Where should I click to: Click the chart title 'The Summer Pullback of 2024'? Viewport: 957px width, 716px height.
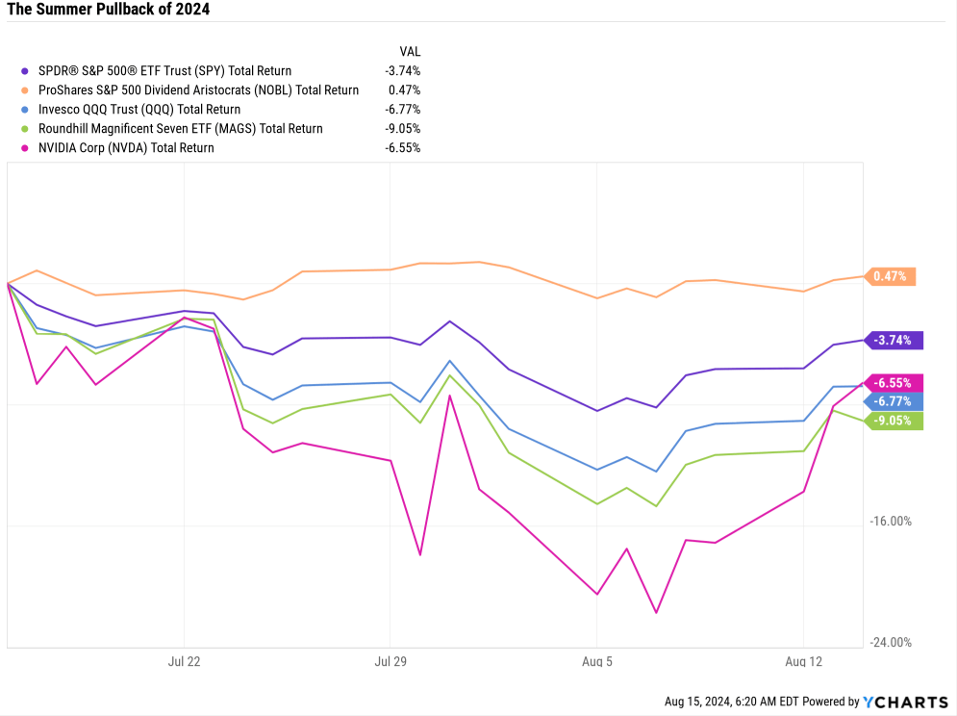coord(108,10)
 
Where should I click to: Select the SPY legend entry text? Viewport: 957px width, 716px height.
coord(164,70)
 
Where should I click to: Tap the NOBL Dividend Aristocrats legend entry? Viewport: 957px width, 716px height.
coord(198,89)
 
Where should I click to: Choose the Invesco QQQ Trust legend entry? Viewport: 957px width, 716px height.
coord(139,109)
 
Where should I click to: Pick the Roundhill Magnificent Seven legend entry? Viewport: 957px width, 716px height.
coord(180,128)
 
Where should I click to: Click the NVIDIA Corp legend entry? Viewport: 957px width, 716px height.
coord(126,147)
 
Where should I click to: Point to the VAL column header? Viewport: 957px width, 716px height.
coord(410,51)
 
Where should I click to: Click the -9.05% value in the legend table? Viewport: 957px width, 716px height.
coord(402,128)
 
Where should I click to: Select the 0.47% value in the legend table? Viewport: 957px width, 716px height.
coord(406,89)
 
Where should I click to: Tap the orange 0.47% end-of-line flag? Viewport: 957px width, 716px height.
coord(891,276)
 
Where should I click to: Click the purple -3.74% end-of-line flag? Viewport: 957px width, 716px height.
coord(894,339)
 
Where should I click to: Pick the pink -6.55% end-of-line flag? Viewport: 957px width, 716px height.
coord(894,382)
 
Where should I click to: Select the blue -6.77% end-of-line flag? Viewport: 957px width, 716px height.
coord(894,401)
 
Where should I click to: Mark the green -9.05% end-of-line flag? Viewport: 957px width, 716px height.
coord(894,421)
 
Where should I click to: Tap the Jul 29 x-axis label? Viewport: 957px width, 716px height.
coord(390,661)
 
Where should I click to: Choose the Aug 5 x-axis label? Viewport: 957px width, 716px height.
coord(597,661)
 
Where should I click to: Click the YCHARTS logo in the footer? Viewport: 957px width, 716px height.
coord(904,702)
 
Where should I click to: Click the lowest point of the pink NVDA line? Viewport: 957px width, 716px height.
coord(657,612)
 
